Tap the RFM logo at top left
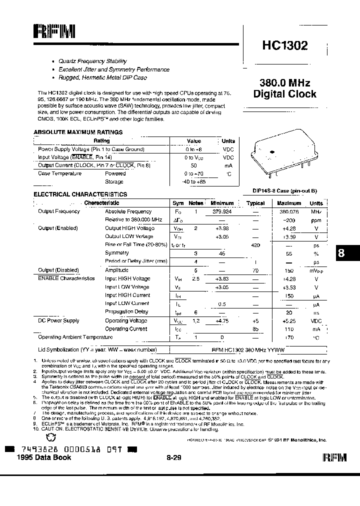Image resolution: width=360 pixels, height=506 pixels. [54, 32]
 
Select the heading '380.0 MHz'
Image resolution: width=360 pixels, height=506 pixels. [284, 82]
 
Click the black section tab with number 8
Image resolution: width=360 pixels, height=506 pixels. [342, 253]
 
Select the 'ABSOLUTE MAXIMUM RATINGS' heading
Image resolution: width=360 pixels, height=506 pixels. [77, 132]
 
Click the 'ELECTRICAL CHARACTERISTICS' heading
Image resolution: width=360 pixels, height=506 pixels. [80, 194]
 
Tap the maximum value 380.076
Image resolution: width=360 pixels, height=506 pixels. [288, 211]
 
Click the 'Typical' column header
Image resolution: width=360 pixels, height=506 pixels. [255, 203]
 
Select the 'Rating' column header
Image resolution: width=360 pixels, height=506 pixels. [101, 141]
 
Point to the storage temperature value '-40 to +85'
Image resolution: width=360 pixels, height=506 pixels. [193, 182]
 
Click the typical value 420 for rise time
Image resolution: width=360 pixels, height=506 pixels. [255, 245]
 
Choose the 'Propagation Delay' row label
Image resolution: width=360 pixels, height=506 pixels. [126, 312]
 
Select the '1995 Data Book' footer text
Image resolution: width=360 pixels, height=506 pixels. [44, 457]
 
